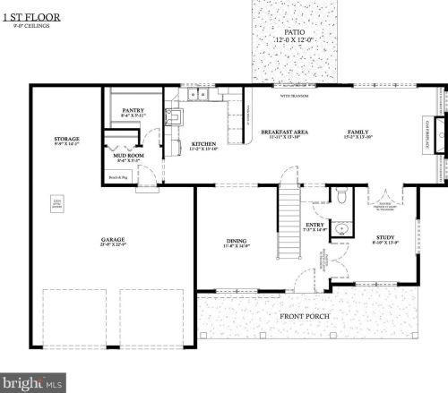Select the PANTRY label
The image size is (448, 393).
point(132,110)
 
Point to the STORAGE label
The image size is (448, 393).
point(67,139)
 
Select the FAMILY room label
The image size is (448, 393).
point(358,132)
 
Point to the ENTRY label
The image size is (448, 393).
point(314,226)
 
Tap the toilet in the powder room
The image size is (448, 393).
point(341,197)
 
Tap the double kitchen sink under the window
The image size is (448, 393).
point(199,94)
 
